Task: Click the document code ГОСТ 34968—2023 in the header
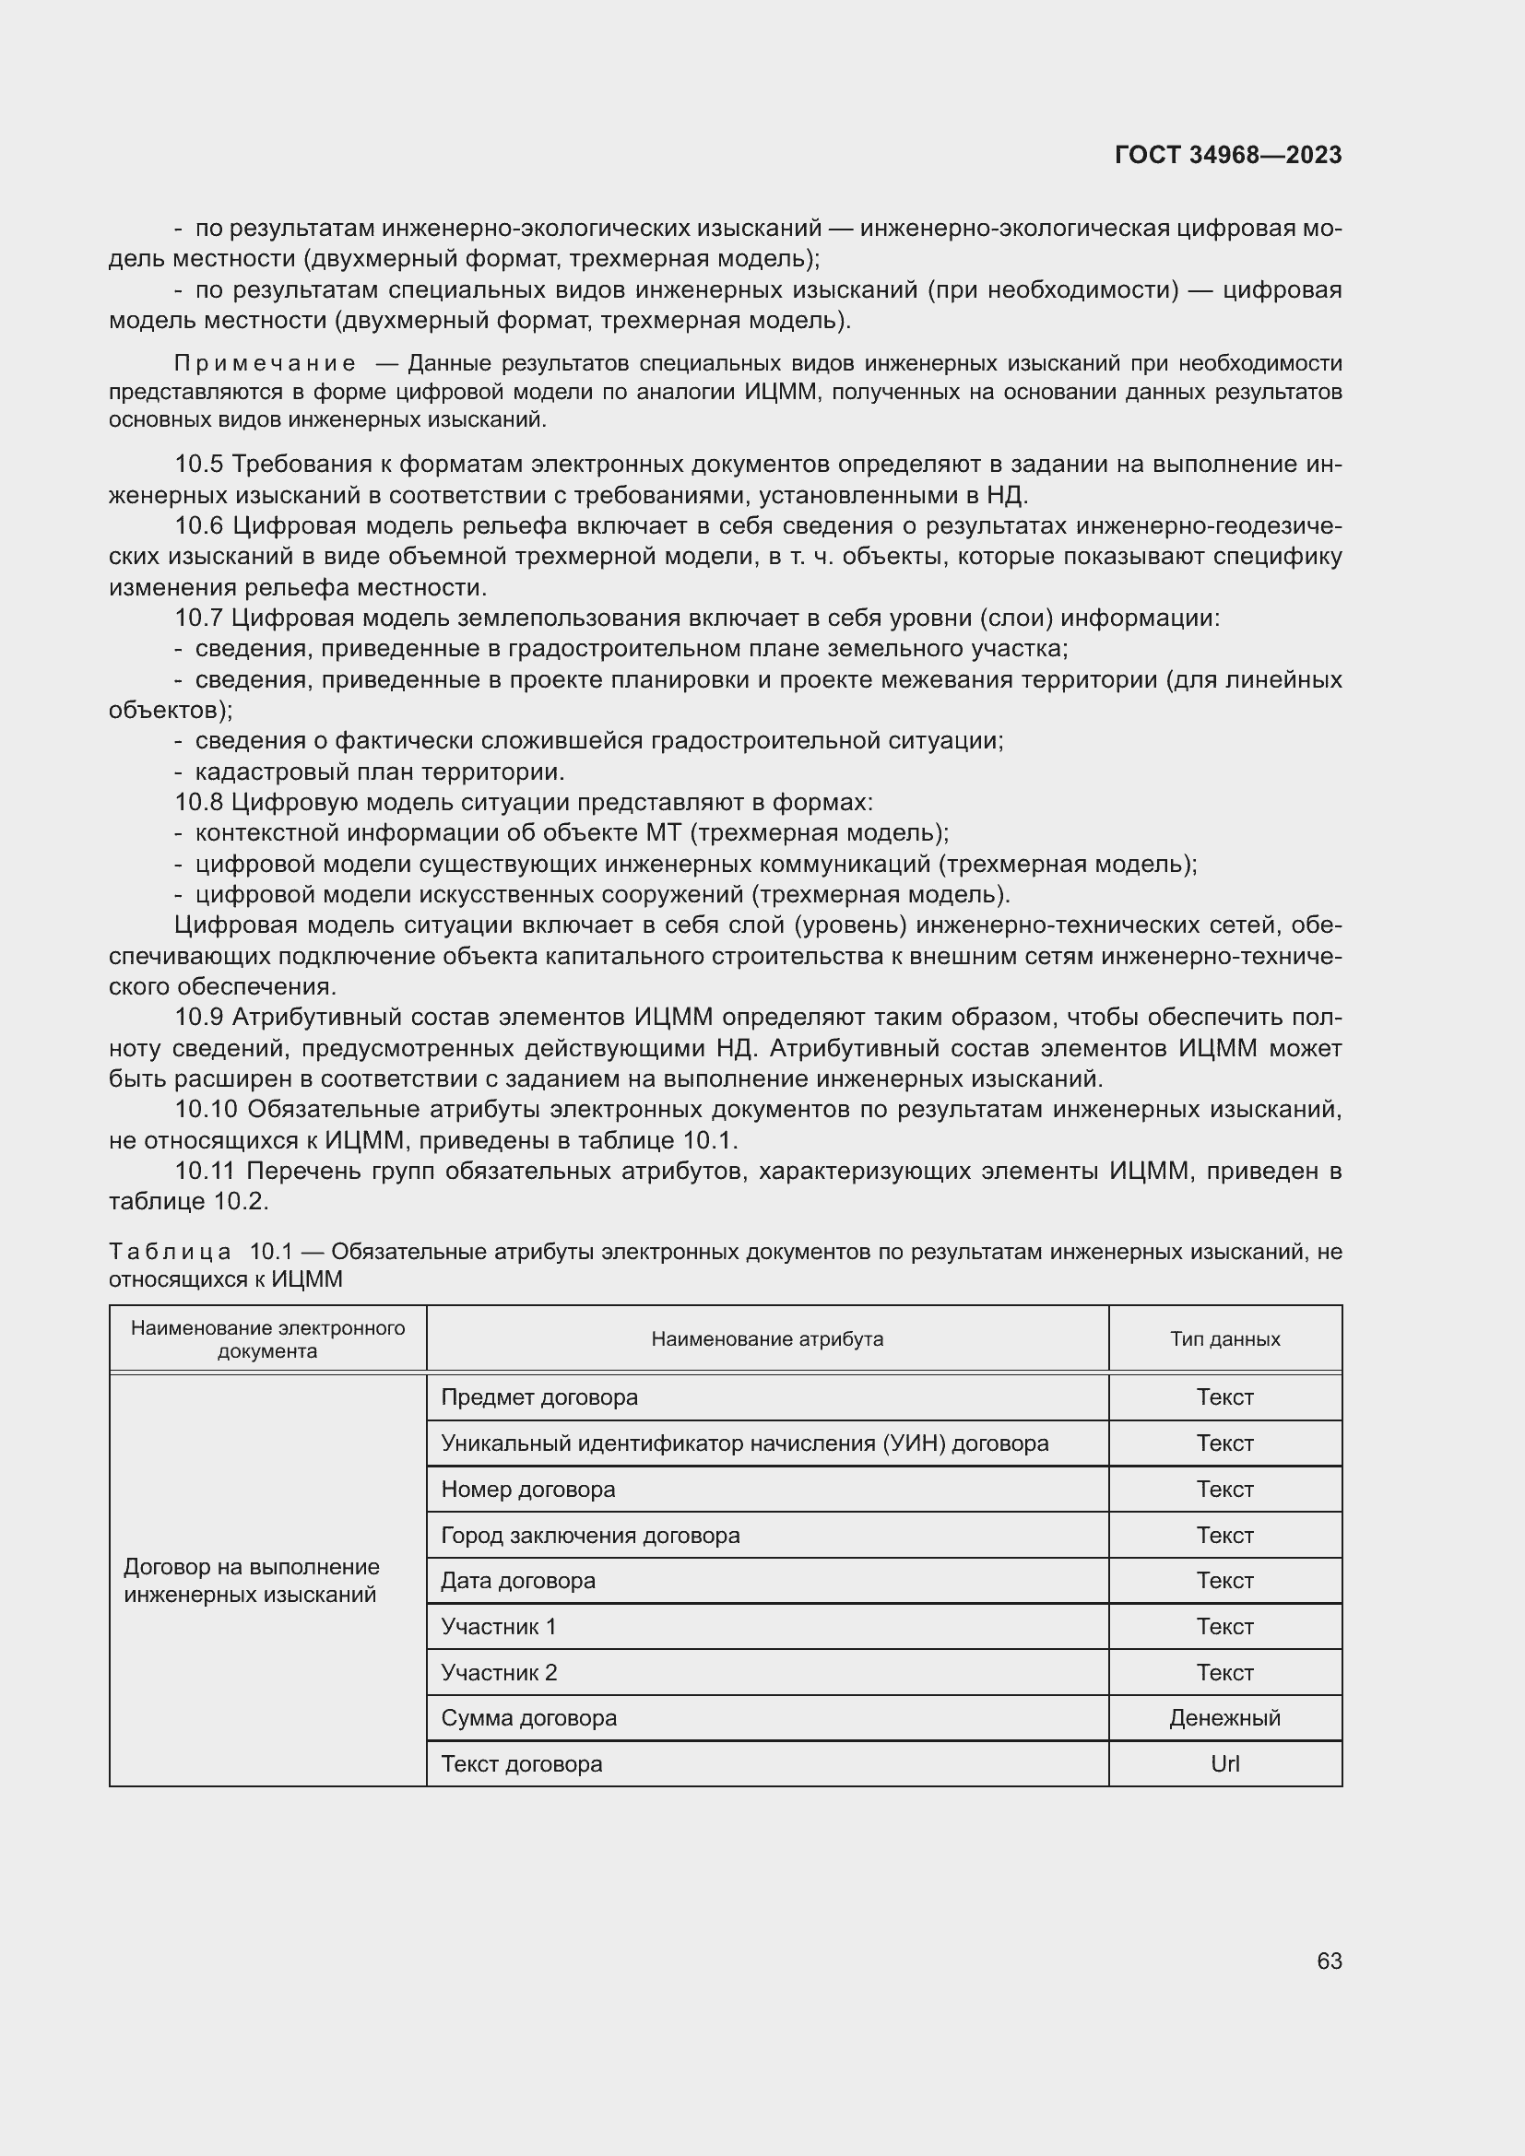coord(1227,155)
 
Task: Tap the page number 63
coord(1329,1961)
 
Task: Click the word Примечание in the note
coord(265,363)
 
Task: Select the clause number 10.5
coord(199,464)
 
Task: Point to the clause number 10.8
coord(199,802)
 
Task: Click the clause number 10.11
coord(206,1171)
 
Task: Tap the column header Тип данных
coord(1224,1339)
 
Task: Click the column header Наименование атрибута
coord(766,1339)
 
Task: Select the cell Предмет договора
coord(539,1397)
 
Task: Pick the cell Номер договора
coord(527,1490)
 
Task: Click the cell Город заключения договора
coord(590,1536)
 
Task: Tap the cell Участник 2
coord(499,1672)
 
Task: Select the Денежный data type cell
coord(1224,1717)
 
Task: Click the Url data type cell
coord(1224,1763)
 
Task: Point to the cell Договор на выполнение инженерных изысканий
coord(252,1581)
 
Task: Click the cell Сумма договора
coord(528,1717)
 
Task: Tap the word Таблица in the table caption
coord(170,1252)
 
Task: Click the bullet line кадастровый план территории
coord(379,772)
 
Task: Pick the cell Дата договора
coord(517,1581)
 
